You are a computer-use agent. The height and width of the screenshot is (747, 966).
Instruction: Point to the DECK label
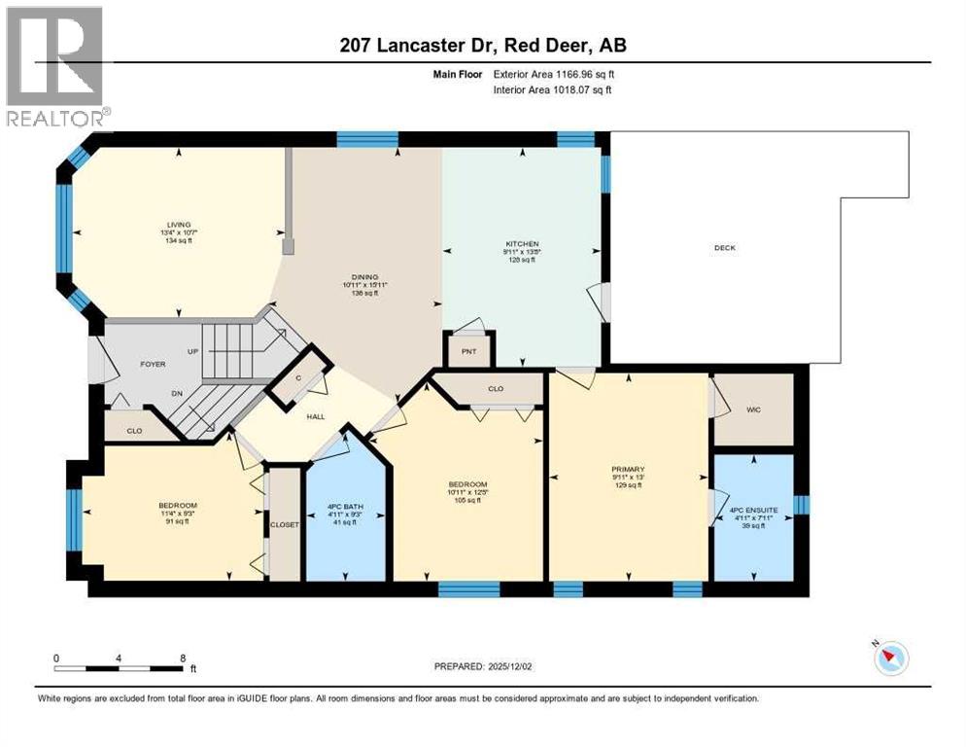[724, 248]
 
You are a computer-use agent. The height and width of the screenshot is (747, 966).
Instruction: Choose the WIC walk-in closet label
[753, 409]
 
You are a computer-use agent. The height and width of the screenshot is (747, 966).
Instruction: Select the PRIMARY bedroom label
[628, 469]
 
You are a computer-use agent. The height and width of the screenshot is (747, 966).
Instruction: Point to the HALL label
[317, 417]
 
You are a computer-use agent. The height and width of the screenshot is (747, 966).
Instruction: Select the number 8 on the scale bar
[183, 658]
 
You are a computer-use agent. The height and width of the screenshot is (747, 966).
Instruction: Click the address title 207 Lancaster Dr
[483, 45]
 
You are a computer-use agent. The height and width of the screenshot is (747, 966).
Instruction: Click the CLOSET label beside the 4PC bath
[285, 524]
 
